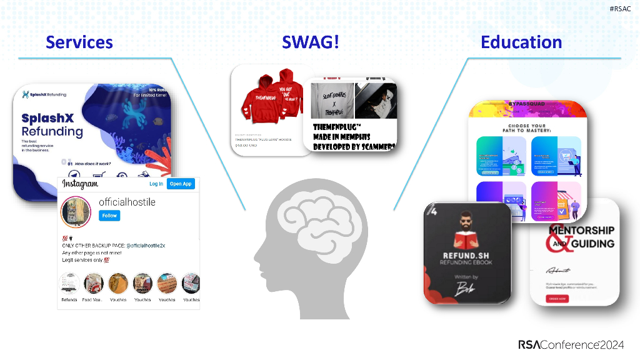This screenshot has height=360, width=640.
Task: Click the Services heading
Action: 79,42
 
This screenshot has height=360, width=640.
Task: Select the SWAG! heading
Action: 311,42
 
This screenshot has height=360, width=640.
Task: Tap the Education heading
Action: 521,42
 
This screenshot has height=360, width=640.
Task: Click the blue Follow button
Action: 109,216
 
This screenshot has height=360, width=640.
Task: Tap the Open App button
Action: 181,184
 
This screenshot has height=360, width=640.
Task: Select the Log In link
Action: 156,184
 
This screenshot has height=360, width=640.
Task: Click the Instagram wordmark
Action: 80,184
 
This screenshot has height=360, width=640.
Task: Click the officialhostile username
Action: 127,202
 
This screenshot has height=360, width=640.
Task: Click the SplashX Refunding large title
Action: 52,125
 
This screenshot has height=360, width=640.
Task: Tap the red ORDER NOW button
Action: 558,298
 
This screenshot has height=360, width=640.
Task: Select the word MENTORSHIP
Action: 581,230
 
